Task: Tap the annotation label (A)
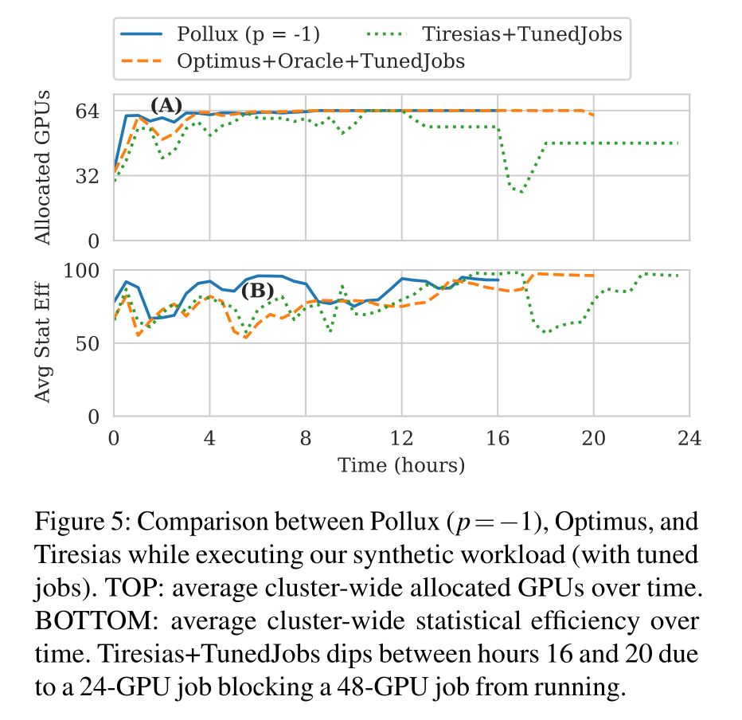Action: (x=166, y=105)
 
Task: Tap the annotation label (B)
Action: (x=257, y=291)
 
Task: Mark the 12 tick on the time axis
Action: (x=402, y=438)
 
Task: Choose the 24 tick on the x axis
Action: (x=689, y=438)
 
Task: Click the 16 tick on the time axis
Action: (x=498, y=438)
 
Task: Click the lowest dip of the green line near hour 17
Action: (x=521, y=193)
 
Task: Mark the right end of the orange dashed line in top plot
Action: (x=594, y=115)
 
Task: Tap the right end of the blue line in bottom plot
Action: (x=498, y=280)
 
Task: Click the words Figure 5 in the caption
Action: (x=77, y=524)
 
